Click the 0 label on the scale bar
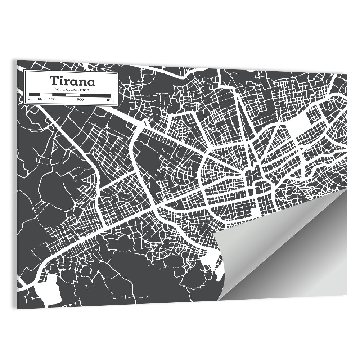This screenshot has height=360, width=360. [29, 99]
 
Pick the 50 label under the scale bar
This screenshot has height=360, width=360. [40, 99]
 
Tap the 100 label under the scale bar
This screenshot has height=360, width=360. [52, 99]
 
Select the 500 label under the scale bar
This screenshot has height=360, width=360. [80, 99]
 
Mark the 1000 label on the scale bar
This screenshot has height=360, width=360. [110, 100]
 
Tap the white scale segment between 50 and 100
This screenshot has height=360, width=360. [46, 94]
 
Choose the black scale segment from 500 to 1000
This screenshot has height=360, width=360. [95, 95]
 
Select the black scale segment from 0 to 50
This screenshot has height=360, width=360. [35, 94]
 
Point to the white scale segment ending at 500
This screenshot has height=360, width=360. [73, 95]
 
